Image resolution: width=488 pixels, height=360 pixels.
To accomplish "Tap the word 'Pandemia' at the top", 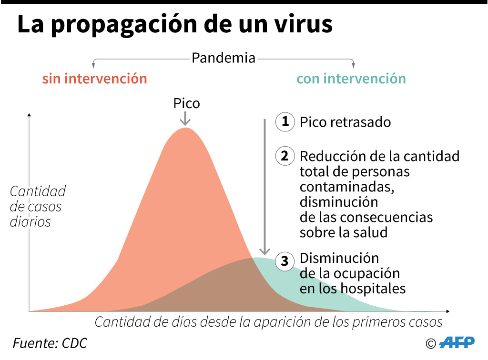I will pyautogui.click(x=224, y=58).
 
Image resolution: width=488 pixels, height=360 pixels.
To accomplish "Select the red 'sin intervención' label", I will pyautogui.click(x=94, y=79).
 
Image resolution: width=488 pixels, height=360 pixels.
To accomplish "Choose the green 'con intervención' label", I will pyautogui.click(x=351, y=79).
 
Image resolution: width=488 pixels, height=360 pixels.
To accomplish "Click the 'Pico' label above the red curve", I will pyautogui.click(x=186, y=103).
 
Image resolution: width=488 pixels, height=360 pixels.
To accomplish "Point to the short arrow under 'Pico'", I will pyautogui.click(x=185, y=119).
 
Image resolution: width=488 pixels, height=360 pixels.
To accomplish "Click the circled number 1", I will pyautogui.click(x=285, y=122).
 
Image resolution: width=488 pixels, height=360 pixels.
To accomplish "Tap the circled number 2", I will pyautogui.click(x=285, y=156).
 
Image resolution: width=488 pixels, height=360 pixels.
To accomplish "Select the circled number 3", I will pyautogui.click(x=285, y=261).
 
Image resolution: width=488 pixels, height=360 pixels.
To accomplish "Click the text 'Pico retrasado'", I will pyautogui.click(x=345, y=122).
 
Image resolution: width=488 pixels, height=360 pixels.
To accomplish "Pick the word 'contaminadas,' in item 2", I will pyautogui.click(x=347, y=187).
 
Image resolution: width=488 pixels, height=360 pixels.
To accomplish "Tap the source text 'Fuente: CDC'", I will pyautogui.click(x=50, y=343).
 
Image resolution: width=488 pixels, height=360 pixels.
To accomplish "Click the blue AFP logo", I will pyautogui.click(x=457, y=342).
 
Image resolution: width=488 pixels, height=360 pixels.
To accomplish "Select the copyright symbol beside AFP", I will pyautogui.click(x=430, y=343).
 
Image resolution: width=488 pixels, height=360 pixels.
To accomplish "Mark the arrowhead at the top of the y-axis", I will pyautogui.click(x=30, y=115).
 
